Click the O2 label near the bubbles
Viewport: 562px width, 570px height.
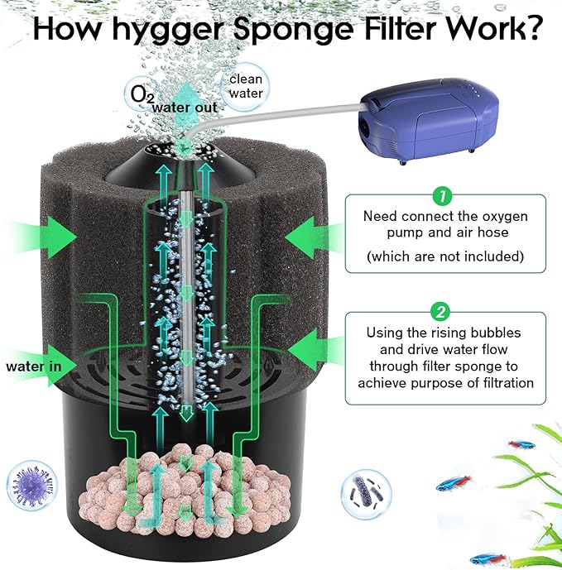[x=142, y=93]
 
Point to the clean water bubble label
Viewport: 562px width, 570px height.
[x=246, y=87]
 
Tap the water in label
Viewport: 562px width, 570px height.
[x=32, y=366]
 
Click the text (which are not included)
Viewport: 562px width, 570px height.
[x=444, y=256]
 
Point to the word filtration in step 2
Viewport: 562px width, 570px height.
[x=495, y=383]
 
